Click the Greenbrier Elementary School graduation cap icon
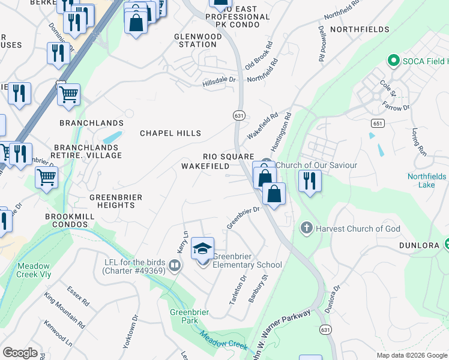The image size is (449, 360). point(203,248)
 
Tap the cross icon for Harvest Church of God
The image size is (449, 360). point(306,228)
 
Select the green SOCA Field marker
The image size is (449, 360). point(394,61)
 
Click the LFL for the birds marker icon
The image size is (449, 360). point(175,265)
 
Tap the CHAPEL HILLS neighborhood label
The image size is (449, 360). point(170,133)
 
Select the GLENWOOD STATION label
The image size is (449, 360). point(198,41)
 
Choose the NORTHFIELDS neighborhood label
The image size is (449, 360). point(355,29)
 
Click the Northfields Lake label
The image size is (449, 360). point(427,181)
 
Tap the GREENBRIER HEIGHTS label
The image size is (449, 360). point(112,201)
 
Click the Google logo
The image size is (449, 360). point(20,353)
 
